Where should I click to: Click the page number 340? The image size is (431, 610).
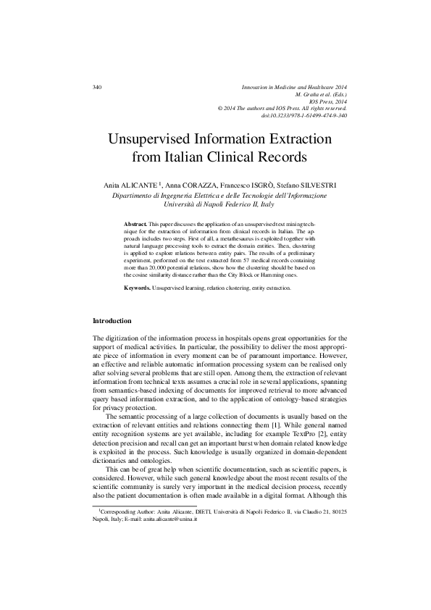tap(98, 88)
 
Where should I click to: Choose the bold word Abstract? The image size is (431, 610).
tap(136, 218)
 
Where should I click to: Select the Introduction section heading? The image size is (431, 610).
tap(112, 320)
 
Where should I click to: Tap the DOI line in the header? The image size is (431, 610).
tap(304, 116)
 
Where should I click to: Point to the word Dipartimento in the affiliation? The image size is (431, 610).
tap(136, 196)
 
